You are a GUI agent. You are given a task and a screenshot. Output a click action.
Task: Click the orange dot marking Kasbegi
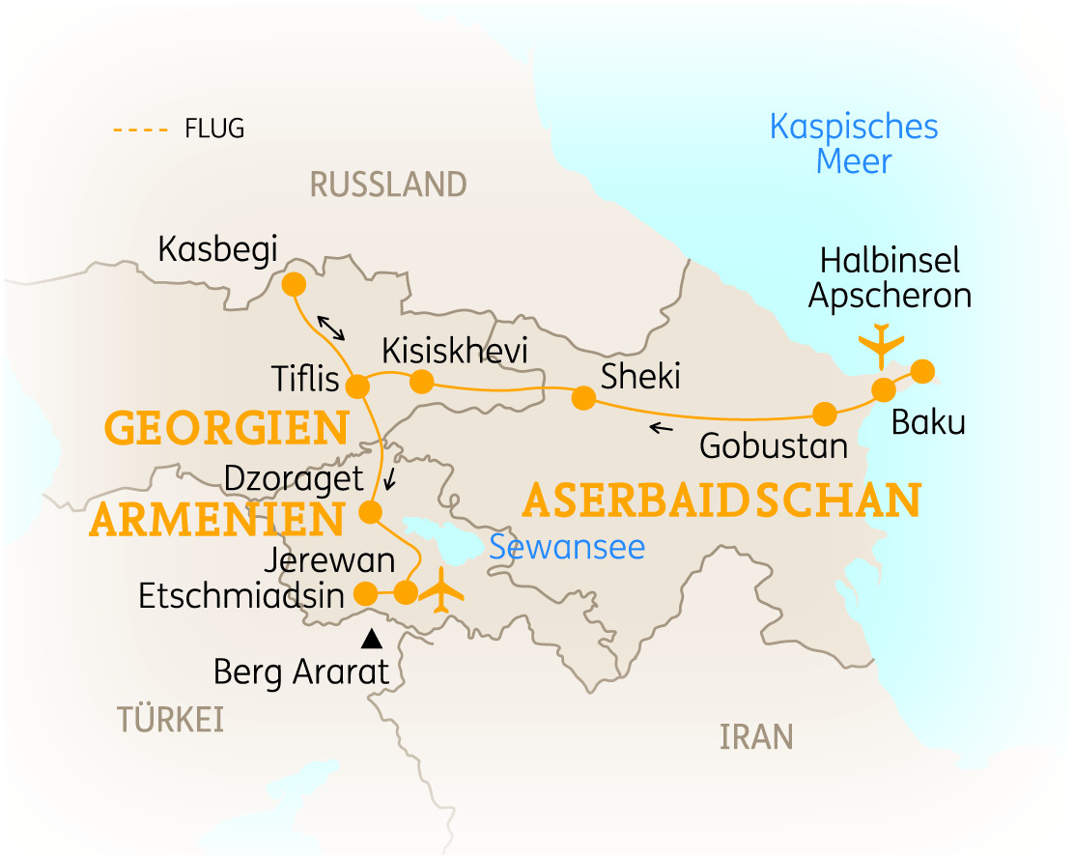point(293,285)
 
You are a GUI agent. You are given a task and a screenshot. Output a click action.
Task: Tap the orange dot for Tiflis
point(357,386)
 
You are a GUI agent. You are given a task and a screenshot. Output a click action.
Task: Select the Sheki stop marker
point(583,397)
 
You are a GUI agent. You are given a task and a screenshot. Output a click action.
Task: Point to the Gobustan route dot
point(824,415)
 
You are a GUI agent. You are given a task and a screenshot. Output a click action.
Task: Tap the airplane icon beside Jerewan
point(443,590)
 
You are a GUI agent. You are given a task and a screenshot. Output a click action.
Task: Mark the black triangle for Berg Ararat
point(370,639)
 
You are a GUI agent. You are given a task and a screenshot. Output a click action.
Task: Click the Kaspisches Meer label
point(854,143)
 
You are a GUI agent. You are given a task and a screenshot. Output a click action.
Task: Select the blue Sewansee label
point(566,547)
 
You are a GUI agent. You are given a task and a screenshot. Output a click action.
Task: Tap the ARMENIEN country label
point(216,521)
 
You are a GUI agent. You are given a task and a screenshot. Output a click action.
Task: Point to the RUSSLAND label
point(388,184)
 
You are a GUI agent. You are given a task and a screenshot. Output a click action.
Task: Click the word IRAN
point(756,737)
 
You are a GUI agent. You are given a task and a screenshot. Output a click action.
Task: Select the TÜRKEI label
point(171,720)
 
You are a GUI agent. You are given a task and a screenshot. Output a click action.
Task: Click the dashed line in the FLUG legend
point(141,129)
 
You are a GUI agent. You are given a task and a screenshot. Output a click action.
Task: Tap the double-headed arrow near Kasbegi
point(331,328)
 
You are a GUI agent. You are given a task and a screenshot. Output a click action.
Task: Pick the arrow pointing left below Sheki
point(662,427)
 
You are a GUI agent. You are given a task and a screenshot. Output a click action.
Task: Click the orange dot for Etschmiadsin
point(366,592)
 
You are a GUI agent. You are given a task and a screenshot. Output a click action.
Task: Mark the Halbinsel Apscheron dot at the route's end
point(922,370)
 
